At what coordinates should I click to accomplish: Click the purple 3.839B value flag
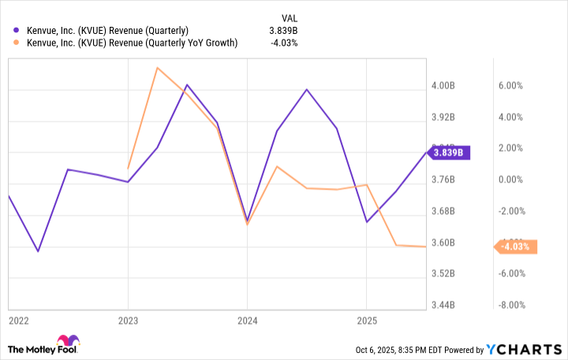(x=449, y=152)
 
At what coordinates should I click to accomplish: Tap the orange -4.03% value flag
(x=517, y=247)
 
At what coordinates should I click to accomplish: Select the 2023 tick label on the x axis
(x=128, y=321)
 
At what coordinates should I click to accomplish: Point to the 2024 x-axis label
(x=247, y=321)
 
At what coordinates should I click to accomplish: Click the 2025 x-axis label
(x=366, y=321)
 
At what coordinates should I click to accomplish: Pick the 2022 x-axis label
(x=19, y=321)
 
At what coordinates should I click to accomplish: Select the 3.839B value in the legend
(x=282, y=31)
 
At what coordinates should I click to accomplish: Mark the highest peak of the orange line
(x=157, y=68)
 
